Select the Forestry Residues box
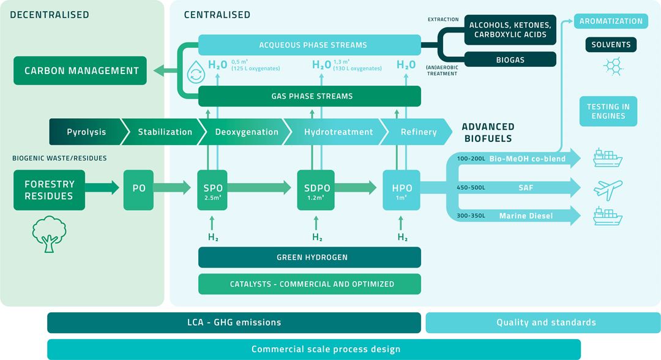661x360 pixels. coord(49,190)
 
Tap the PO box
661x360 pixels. coord(139,188)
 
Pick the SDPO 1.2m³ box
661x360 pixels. coord(316,190)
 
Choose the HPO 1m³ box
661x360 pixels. coord(402,190)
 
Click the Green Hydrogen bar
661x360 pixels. coord(309,257)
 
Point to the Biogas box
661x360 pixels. coord(510,59)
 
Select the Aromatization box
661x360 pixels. coord(611,21)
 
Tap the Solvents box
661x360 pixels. coord(611,45)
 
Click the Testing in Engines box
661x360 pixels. coord(608,111)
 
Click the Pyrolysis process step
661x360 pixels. coord(87,132)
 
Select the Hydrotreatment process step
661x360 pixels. coord(338,132)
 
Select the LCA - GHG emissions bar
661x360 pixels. coord(234,322)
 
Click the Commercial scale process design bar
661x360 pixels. coord(313,349)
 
